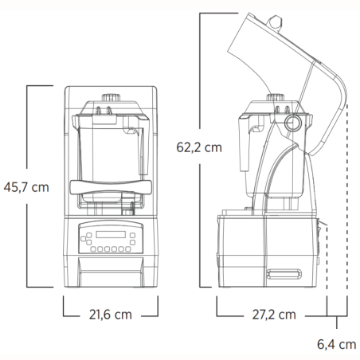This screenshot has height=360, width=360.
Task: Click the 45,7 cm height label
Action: (26, 187)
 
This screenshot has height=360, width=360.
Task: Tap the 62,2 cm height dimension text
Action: (198, 147)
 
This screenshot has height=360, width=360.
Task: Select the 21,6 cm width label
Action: (111, 315)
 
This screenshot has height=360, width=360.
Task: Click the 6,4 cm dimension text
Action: (335, 344)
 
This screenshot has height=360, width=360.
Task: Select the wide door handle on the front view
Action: (111, 186)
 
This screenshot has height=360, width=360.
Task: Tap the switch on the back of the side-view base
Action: (319, 239)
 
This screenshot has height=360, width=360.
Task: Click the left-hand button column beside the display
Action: (84, 237)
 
